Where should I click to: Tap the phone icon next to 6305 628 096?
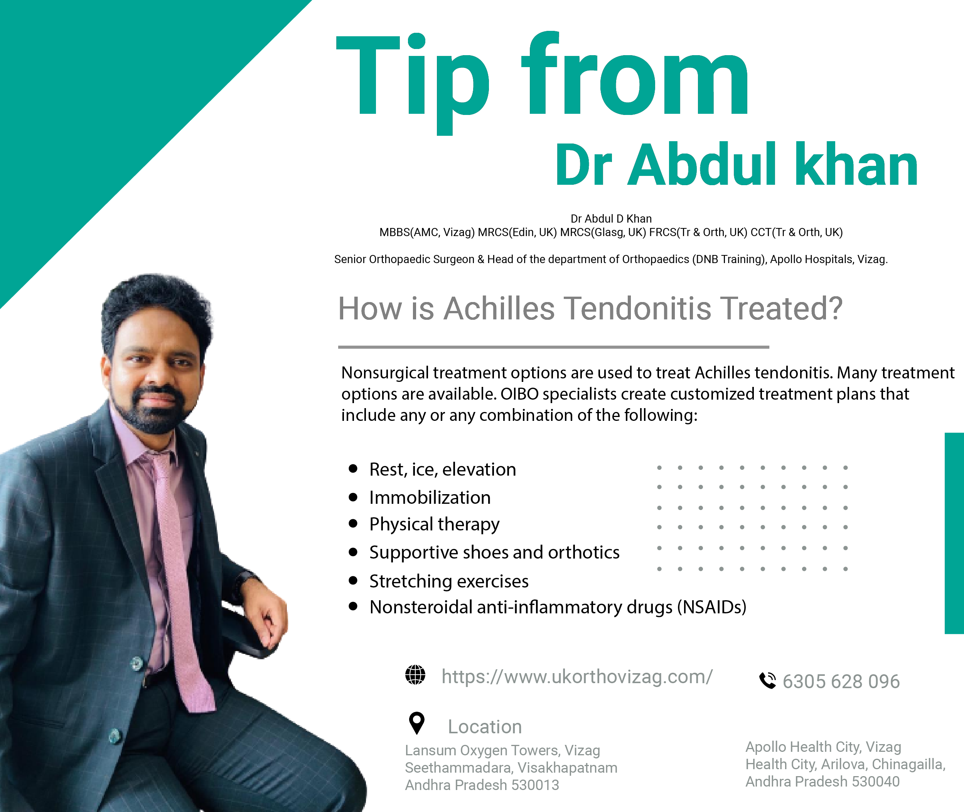point(767,680)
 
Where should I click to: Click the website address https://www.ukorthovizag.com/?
point(577,677)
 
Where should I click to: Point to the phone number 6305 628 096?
point(841,681)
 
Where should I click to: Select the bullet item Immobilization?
point(430,498)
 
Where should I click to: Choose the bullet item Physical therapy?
point(434,525)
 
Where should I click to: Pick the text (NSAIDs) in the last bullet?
point(711,607)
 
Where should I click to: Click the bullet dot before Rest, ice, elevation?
point(353,469)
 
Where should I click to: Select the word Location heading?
point(485,726)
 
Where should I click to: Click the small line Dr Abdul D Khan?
point(611,219)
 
